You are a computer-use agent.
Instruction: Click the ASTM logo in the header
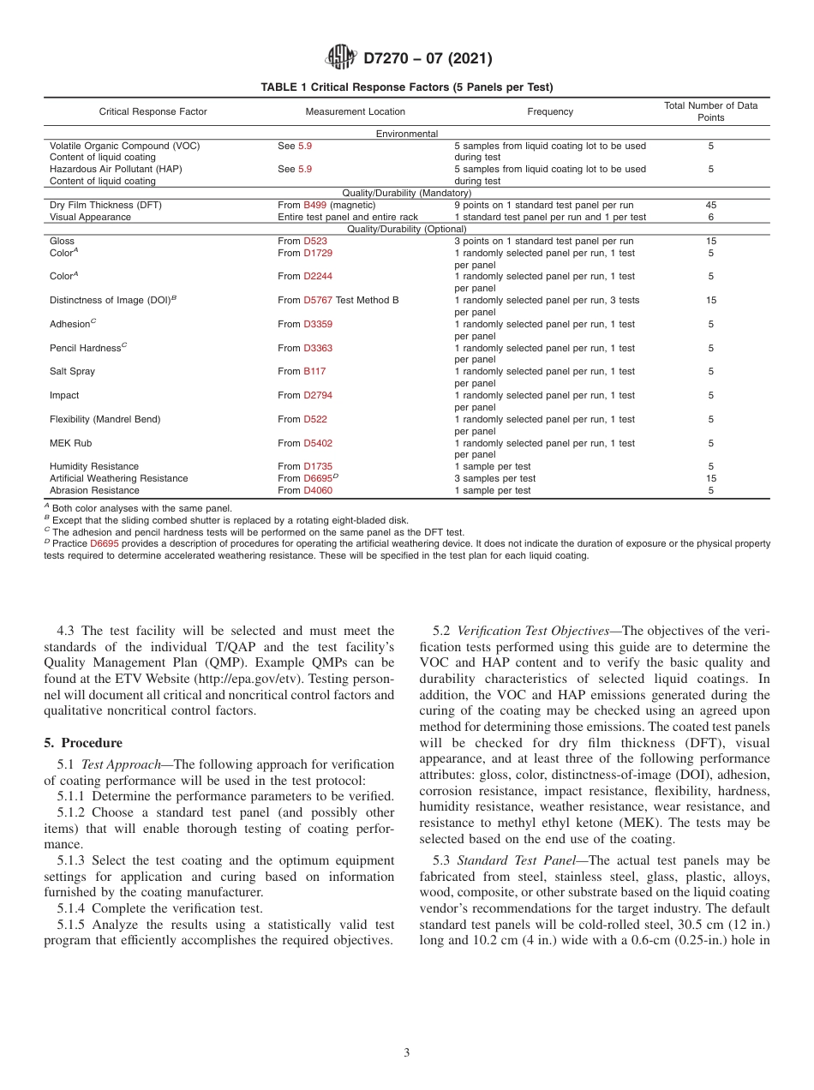tap(341, 58)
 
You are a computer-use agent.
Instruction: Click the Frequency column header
tap(550, 111)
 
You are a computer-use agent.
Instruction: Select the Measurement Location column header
tap(355, 111)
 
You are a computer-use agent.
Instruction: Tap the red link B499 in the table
tap(314, 206)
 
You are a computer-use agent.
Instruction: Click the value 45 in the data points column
tap(710, 206)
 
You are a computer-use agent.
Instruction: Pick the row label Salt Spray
tap(73, 372)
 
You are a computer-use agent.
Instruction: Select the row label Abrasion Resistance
tap(94, 491)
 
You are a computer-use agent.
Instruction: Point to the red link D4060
tap(318, 491)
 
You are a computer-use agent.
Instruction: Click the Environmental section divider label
tap(407, 134)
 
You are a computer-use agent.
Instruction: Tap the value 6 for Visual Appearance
tap(710, 218)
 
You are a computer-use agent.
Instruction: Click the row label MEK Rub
tap(70, 444)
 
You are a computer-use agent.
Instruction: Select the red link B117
tap(314, 372)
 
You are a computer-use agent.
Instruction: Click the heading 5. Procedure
tap(83, 743)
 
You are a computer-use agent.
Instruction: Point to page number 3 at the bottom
tap(407, 1053)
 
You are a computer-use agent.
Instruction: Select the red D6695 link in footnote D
tap(105, 544)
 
